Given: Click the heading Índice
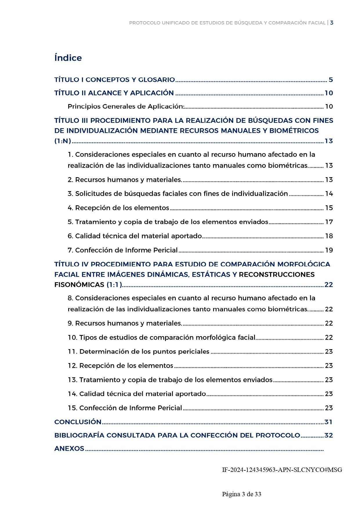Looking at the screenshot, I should tap(68, 58).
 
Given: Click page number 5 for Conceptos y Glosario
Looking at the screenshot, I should tap(330, 80).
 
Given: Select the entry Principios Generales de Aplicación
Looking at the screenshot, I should tap(126, 106).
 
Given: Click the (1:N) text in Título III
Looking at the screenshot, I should tap(63, 141).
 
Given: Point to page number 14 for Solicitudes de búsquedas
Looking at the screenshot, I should tap(329, 194).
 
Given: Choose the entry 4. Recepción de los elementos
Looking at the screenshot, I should tap(118, 208).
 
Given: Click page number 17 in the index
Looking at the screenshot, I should tap(329, 222).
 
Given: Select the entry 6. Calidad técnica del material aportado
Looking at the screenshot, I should tap(135, 236).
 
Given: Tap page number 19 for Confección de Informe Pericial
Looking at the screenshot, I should tap(329, 250).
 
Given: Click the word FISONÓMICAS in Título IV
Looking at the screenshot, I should tap(79, 285).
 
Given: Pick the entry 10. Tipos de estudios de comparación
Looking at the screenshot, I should tap(162, 337).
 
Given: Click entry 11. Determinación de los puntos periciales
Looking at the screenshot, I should tap(138, 352).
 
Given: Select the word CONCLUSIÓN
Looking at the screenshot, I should tap(78, 422).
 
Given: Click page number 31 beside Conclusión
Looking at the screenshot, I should tap(328, 422).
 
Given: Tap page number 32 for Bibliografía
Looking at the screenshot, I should tap(328, 435).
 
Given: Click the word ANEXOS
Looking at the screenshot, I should tap(69, 448).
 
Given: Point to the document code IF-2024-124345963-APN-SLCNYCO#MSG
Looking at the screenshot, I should tap(282, 470).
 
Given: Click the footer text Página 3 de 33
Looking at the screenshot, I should tap(242, 494).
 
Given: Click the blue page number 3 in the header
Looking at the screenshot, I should tap(332, 23).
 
